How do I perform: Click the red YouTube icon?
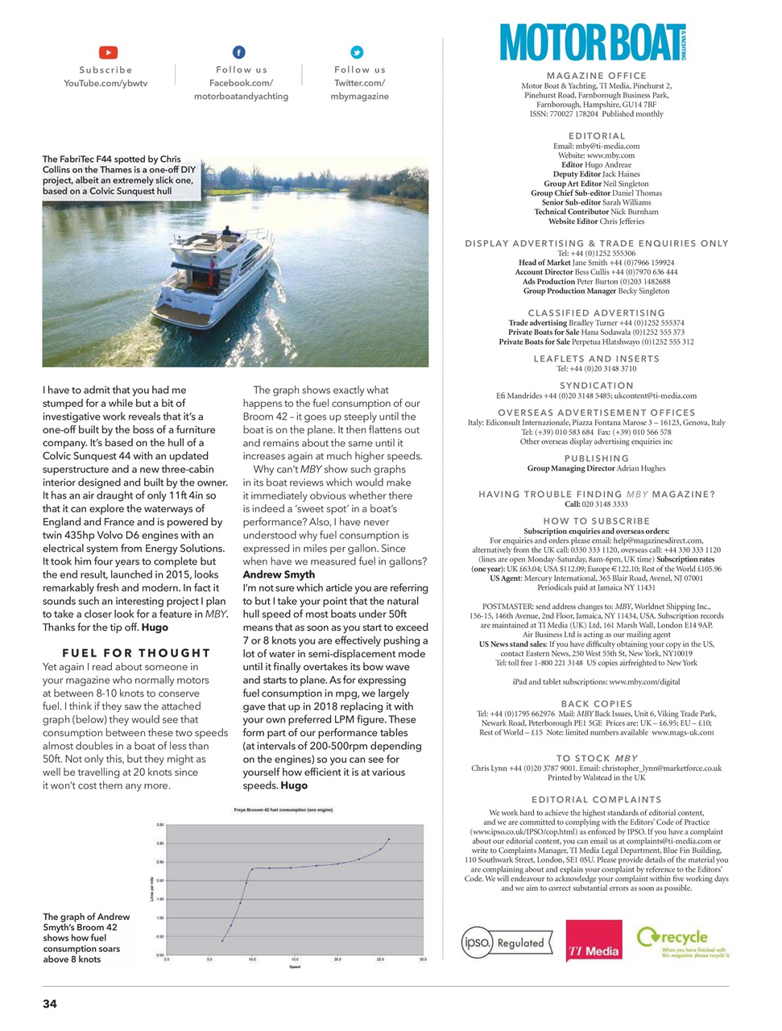coord(108,52)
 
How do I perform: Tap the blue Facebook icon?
coord(239,52)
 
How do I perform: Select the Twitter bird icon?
coord(357,52)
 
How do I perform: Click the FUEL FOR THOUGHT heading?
coord(136,653)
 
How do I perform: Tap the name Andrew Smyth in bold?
coord(279,574)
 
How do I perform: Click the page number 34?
coord(50,1004)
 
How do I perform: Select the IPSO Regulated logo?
coord(507,942)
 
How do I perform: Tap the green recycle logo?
coord(683,941)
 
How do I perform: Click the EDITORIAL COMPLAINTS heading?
coord(596,800)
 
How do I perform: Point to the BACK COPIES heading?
coord(596,704)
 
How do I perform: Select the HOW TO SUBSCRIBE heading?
coord(596,521)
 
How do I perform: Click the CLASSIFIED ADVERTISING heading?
coord(596,313)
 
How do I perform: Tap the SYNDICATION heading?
coord(596,386)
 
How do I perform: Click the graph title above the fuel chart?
coord(283,809)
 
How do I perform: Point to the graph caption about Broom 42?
coord(87,938)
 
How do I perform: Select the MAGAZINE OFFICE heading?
coord(596,76)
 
